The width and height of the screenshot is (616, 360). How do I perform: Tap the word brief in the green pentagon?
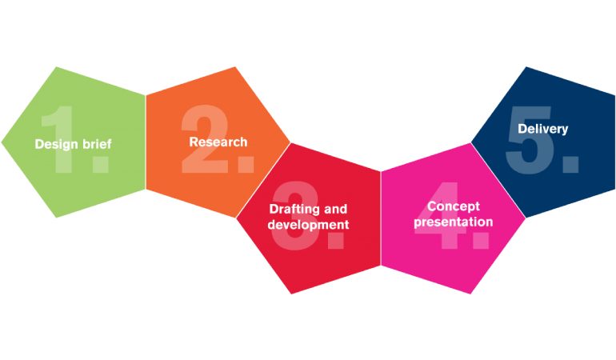pos(96,143)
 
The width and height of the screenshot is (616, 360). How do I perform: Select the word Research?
pos(218,142)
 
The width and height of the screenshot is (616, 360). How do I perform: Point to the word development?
pos(308,225)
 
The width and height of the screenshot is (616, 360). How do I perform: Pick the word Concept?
pos(454,206)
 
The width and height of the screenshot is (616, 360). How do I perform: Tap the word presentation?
pos(454,222)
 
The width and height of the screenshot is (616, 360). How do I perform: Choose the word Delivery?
pos(543,129)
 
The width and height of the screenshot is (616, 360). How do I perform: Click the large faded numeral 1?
pos(58,139)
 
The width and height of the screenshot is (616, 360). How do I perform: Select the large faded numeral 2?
pos(206,138)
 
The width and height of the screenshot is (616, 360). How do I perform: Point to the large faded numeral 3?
pos(295,214)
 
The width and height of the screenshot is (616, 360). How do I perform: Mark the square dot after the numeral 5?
pos(571,164)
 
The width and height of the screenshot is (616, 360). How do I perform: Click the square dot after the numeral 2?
pos(246,164)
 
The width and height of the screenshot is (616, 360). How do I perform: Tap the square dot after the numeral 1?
pos(100,164)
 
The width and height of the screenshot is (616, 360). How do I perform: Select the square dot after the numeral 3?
pos(336,240)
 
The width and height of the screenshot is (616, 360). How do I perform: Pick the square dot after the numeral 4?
pos(482,240)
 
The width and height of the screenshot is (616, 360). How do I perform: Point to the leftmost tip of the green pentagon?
pos(2,142)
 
